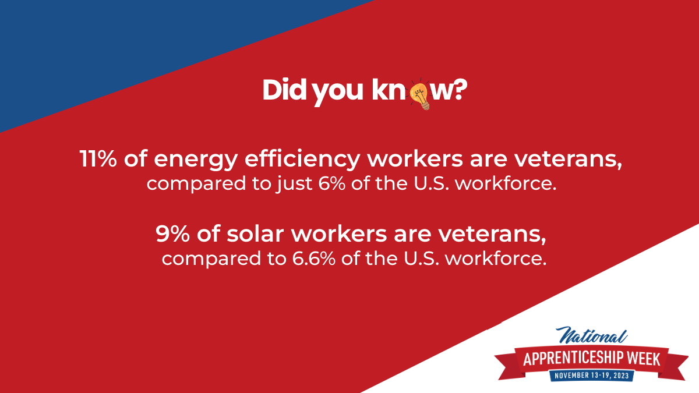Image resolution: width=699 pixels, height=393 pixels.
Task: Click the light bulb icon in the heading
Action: pos(420,94)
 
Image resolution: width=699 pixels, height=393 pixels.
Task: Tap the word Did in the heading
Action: pos(285,90)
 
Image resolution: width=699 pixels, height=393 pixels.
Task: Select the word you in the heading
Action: pos(338,93)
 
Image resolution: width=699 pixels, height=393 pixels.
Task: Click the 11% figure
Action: pos(98,159)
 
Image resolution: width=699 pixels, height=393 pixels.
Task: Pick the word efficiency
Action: pos(302,160)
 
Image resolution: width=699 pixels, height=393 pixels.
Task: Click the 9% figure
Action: pos(172,234)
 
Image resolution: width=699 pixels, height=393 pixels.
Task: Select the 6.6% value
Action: pos(313,259)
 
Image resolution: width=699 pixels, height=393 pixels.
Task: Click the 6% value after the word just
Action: pos(332,183)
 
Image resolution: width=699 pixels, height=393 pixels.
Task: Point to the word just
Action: pos(294,185)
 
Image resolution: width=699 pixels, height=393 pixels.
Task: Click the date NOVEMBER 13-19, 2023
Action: pos(591,375)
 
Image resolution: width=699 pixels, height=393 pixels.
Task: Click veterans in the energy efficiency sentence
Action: pos(568,160)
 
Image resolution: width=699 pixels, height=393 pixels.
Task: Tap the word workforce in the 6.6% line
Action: pos(496,259)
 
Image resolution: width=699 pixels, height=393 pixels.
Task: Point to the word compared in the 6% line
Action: pos(196,185)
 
